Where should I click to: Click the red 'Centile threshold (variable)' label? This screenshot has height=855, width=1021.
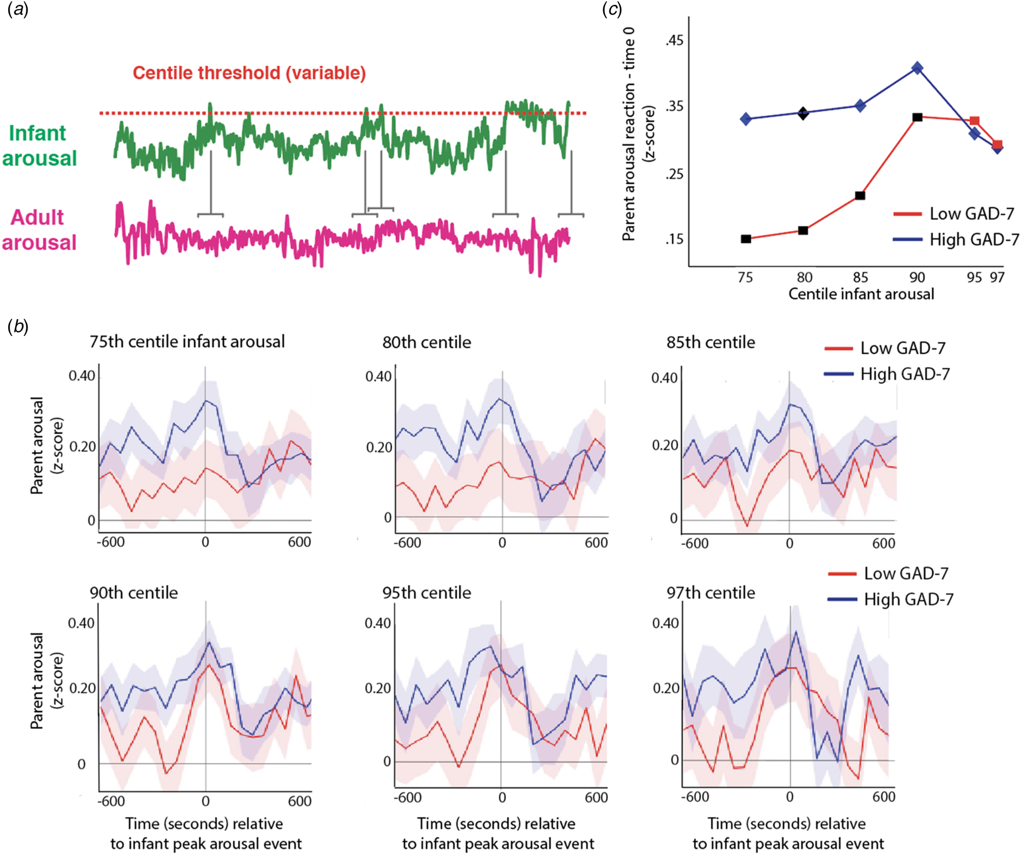pos(249,73)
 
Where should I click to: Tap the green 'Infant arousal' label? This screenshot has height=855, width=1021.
pos(39,145)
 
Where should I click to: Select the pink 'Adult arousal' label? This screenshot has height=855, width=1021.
pos(39,230)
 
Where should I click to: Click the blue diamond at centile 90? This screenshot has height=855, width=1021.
pos(917,68)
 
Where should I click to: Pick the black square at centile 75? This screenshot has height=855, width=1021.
pos(746,239)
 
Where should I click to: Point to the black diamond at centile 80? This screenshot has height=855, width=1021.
pos(803,113)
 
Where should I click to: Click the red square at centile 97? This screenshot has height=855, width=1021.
pos(997,145)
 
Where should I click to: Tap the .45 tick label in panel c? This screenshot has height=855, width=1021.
pos(674,41)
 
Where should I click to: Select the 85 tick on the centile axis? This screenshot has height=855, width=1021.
pos(860,277)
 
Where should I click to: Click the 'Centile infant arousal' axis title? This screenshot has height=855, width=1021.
pos(861,294)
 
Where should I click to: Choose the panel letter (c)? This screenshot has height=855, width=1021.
pos(612,9)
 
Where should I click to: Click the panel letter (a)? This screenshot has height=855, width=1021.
pos(18,9)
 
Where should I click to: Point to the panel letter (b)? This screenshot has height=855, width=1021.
pos(18,326)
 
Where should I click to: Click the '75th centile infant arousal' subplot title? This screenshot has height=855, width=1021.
pos(187,342)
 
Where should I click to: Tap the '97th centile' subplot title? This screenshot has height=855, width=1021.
pos(711,593)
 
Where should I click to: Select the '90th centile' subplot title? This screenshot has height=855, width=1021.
pos(134,593)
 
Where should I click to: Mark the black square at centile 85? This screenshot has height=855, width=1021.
pos(860,195)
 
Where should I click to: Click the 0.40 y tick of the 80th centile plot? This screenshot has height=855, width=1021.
pos(378,376)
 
